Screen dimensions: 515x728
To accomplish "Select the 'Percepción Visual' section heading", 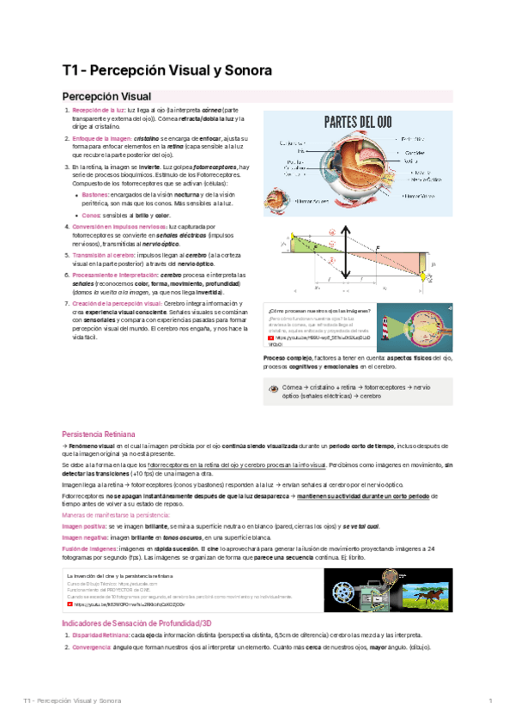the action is pos(106,96).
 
